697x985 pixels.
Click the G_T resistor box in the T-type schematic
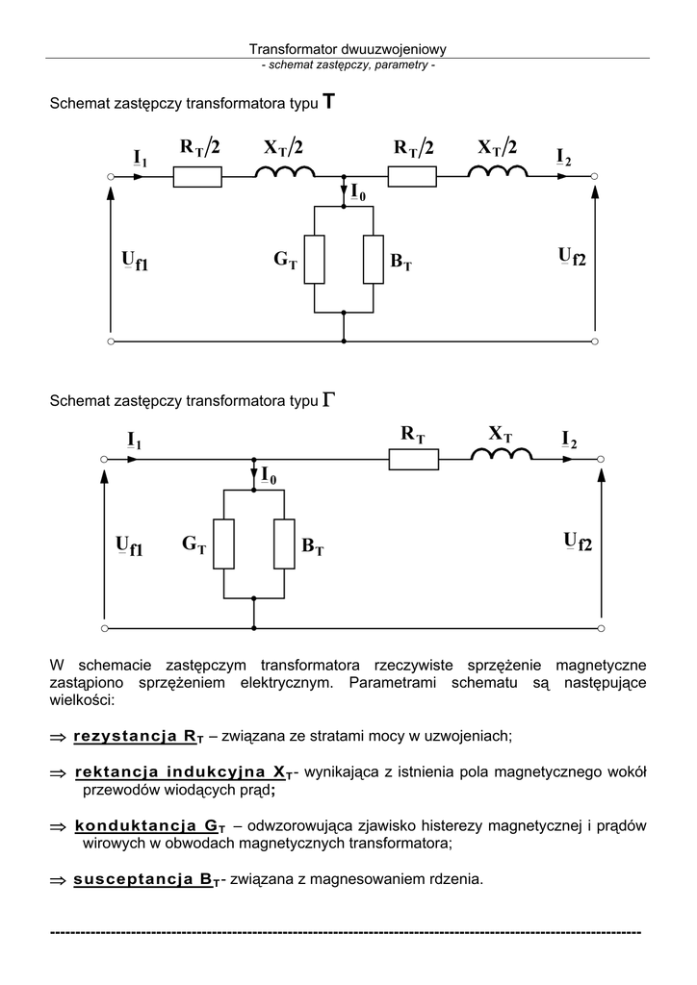[315, 259]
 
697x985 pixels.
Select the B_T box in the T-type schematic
[374, 259]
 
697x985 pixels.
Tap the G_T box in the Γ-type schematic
[223, 544]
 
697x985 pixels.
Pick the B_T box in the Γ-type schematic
[284, 544]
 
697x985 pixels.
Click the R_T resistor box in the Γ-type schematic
[414, 460]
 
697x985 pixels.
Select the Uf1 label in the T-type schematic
[135, 261]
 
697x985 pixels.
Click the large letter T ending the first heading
[329, 102]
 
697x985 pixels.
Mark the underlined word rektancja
[115, 772]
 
